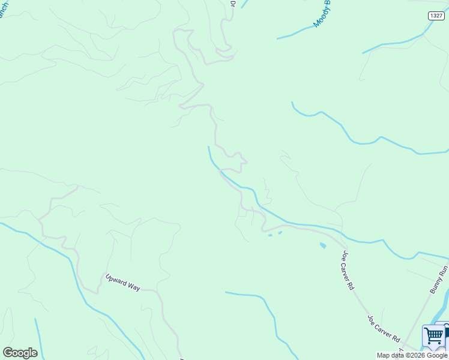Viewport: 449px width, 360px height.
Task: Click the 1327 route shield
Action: (x=436, y=15)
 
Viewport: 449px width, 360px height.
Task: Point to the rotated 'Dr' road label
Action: (x=233, y=4)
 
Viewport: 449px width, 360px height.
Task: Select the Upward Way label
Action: (x=122, y=283)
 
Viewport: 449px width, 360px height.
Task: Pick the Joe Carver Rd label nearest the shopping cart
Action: (x=384, y=328)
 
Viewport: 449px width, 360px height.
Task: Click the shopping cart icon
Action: (x=433, y=336)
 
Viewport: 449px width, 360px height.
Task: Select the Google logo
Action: (x=20, y=352)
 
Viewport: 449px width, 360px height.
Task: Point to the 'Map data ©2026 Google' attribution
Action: (x=412, y=355)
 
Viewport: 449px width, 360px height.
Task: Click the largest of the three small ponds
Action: (x=323, y=245)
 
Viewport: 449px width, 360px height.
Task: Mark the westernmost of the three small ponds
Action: (x=270, y=235)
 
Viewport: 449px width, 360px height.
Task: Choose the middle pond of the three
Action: (x=280, y=232)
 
